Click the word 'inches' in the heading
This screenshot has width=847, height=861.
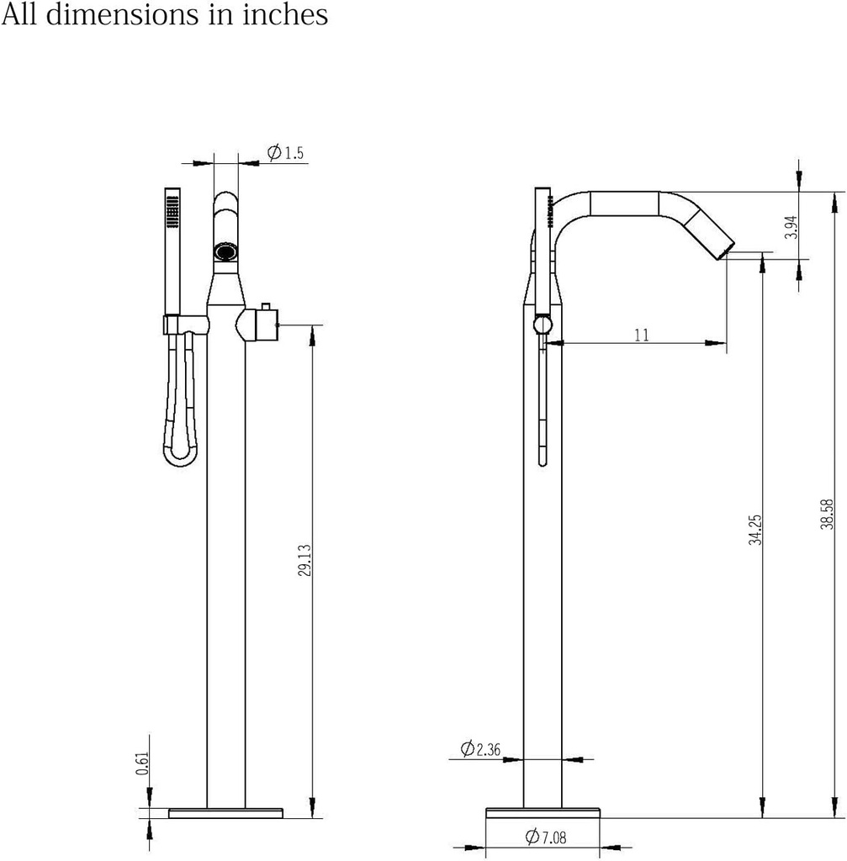[285, 14]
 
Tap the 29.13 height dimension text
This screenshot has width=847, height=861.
[304, 560]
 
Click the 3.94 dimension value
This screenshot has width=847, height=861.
[790, 228]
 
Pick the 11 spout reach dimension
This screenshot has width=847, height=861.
[641, 335]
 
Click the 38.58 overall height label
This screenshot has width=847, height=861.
[828, 514]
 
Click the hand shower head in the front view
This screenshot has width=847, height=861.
[172, 209]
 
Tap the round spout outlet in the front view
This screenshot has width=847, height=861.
[226, 251]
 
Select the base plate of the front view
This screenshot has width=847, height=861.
[225, 812]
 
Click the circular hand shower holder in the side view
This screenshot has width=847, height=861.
[543, 326]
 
